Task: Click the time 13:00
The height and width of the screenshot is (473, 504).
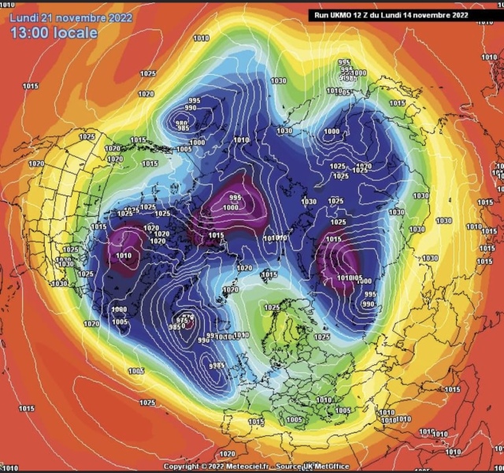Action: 31,33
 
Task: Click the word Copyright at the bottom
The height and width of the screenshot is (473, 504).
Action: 181,467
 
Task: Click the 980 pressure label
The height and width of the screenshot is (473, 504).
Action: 182,124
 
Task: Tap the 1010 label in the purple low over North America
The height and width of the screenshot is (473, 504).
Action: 124,255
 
